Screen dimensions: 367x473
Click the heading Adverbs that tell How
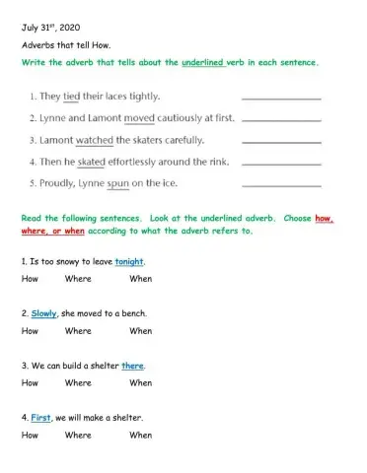[64, 46]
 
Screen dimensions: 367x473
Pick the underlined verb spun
[131, 182]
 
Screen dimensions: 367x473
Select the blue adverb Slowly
[44, 313]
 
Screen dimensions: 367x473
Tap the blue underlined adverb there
[133, 366]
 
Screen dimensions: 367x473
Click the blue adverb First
[41, 417]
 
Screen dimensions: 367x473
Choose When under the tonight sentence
[140, 279]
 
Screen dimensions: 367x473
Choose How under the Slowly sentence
[30, 331]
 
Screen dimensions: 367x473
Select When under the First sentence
[140, 435]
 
